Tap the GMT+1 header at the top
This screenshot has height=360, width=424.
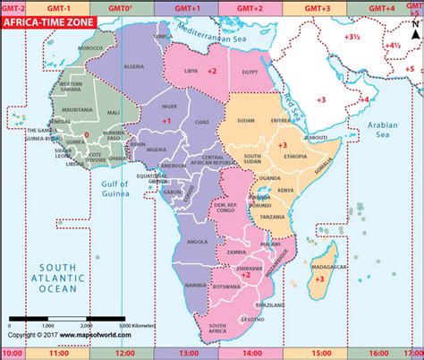tap(194, 7)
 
